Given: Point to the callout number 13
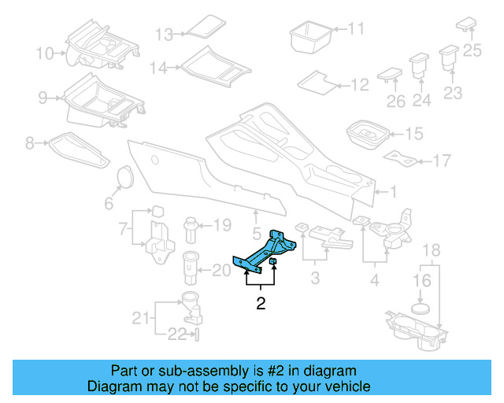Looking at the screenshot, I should coord(163,35).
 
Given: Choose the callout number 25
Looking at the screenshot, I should coord(472,50).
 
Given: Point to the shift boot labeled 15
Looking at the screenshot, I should coord(367,135).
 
